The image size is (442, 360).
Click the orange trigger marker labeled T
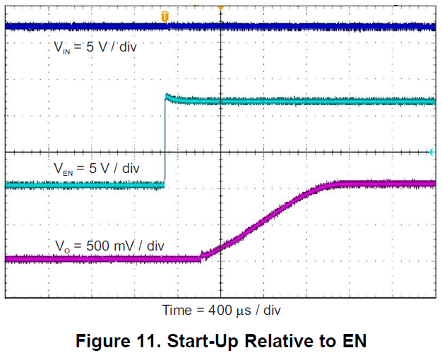pos(165,16)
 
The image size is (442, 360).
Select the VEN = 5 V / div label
pos(97,169)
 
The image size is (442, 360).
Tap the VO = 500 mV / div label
pos(109,245)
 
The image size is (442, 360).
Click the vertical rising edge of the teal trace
pos(165,141)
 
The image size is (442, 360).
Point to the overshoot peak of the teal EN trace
pos(167,95)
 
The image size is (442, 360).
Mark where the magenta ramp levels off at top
pos(338,184)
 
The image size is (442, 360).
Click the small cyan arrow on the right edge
pos(432,152)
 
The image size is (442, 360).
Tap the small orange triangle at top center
pos(220,7)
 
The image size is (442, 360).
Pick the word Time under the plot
pos(177,310)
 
